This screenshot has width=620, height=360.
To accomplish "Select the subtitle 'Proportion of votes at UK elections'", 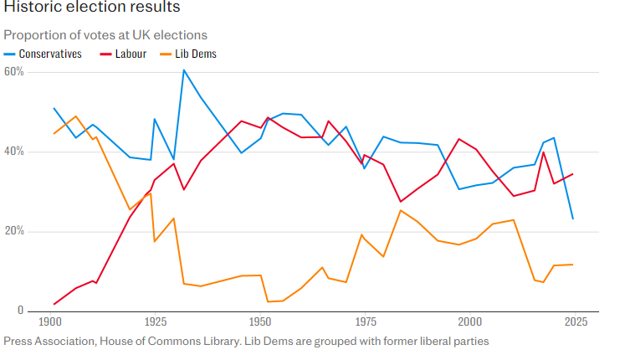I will [x=105, y=35].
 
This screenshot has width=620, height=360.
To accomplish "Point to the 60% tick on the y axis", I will [x=14, y=72].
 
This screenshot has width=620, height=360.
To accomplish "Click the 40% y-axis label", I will [x=14, y=152].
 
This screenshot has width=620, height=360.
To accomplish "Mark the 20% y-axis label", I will [x=14, y=231].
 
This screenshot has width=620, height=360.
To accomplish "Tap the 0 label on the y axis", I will [x=21, y=311].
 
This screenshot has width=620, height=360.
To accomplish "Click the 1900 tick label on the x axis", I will [x=50, y=322].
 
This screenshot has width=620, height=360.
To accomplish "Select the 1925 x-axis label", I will [x=155, y=322].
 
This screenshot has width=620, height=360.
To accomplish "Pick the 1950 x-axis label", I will [x=260, y=322].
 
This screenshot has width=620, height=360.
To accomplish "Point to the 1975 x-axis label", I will [x=365, y=322].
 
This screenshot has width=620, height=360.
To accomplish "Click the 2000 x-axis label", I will [x=470, y=322].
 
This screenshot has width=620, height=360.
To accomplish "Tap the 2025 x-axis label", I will [x=575, y=322].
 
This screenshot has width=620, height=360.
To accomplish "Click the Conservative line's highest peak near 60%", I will [x=183, y=69].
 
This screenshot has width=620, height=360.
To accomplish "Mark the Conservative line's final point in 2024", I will [x=572, y=219].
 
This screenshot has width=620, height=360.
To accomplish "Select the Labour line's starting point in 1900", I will [x=54, y=304].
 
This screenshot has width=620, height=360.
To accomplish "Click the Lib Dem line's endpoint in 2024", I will [x=572, y=265].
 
